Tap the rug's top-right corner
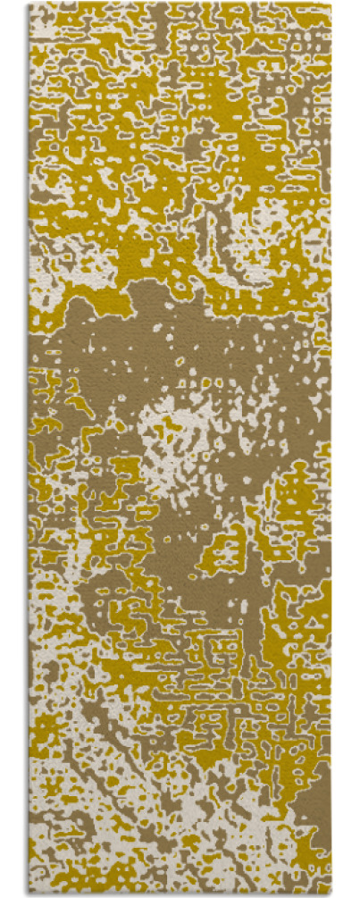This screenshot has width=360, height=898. pos(331,4)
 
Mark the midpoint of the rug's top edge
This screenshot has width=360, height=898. pos(180,4)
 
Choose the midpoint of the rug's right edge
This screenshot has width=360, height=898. pos(331,449)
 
